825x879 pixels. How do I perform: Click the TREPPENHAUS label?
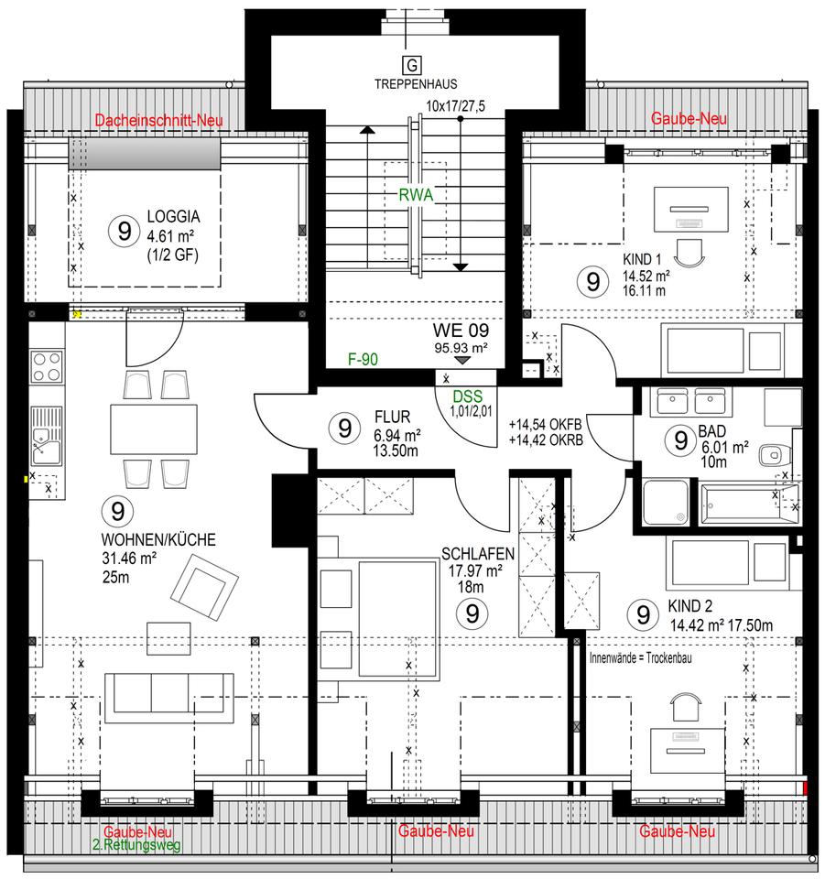point(416,84)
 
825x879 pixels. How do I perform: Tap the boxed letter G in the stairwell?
point(412,66)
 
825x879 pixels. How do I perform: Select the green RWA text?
point(416,195)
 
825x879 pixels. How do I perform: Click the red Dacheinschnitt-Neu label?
point(158,120)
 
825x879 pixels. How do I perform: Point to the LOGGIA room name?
point(173,216)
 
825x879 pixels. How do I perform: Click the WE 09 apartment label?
point(461,331)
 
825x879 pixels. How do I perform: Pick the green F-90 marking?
point(364,359)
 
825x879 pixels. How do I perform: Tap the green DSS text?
point(467,396)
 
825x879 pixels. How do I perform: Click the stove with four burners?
point(47,366)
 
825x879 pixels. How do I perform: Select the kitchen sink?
point(47,436)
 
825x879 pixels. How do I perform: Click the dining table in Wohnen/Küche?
point(154,429)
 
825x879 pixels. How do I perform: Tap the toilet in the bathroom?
point(776,455)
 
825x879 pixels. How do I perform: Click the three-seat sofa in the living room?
point(168,694)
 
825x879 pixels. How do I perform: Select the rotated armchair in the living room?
point(204,587)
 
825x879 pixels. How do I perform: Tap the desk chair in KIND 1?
point(689,254)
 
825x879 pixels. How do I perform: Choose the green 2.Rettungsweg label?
point(136,845)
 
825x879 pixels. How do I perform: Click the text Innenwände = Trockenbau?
point(641,657)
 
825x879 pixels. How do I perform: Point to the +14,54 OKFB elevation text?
point(546,424)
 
